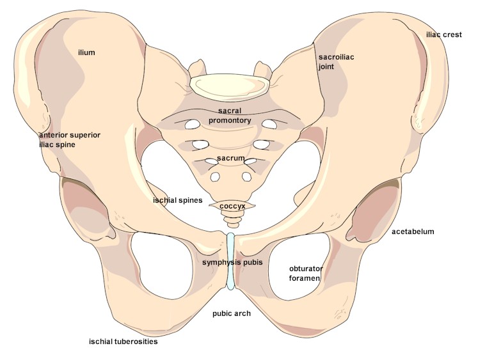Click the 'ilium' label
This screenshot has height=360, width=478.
click(86, 52)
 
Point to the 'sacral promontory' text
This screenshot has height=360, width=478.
click(229, 116)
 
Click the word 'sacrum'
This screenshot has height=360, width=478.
click(229, 157)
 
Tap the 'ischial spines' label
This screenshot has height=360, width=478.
click(178, 200)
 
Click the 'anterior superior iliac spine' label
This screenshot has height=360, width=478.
click(70, 139)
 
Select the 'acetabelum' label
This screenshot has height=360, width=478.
click(413, 231)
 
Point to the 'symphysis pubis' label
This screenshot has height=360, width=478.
click(232, 262)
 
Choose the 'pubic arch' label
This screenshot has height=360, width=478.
click(232, 313)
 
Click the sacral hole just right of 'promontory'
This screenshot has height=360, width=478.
click(270, 123)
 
